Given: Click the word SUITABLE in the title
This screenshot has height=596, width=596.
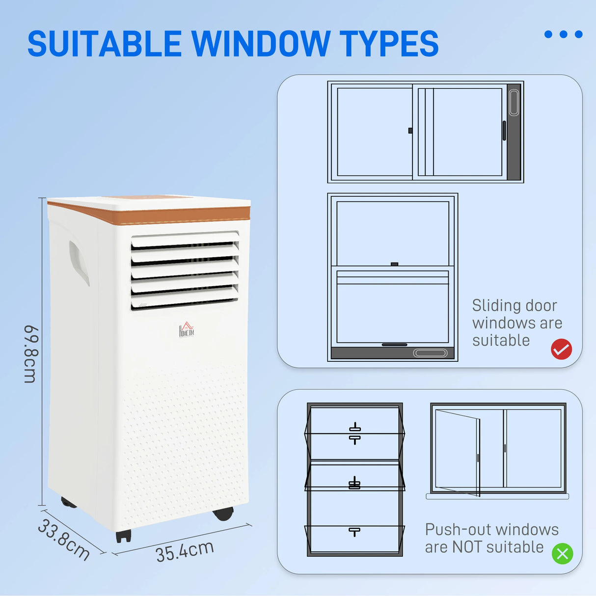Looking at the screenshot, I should click(104, 44).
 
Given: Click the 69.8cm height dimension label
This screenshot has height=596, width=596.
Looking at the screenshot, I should click(30, 353).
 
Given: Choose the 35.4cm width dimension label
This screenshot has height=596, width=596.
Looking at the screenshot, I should click(185, 551).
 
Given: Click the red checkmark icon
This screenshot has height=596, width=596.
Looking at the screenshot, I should click(561, 350).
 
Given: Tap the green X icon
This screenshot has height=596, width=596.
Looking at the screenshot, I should click(562, 554).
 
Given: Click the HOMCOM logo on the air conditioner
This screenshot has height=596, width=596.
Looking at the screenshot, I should click(187, 330).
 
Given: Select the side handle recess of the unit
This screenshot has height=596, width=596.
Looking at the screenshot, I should click(79, 263).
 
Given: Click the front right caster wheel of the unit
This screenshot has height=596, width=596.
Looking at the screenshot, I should click(223, 514).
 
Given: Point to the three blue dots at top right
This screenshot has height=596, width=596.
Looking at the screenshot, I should click(563, 34).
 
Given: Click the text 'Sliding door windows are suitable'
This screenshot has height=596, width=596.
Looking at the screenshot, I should click(516, 323).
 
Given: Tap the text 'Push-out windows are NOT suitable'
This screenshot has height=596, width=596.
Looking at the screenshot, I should click(491, 538).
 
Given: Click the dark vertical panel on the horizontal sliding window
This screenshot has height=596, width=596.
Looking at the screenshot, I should click(514, 132).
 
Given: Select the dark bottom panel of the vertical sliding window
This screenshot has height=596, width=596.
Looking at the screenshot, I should click(392, 353).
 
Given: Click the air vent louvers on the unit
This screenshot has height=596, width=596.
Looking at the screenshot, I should click(185, 271).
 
